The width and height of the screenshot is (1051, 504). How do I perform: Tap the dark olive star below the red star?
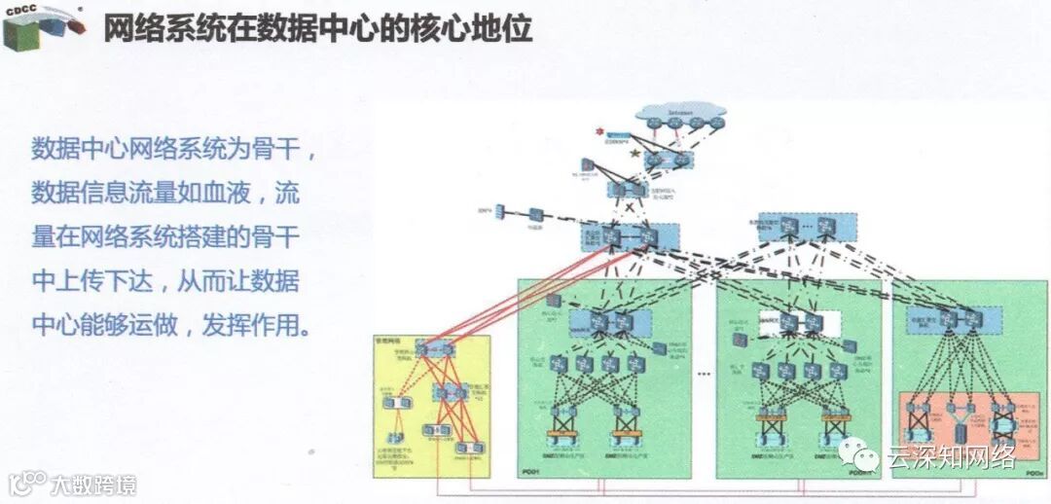click(635, 153)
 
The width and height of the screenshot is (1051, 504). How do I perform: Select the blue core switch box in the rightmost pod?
click(959, 317)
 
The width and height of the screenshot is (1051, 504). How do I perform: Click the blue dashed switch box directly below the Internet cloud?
click(667, 158)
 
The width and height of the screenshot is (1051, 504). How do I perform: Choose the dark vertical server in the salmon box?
click(961, 426)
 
